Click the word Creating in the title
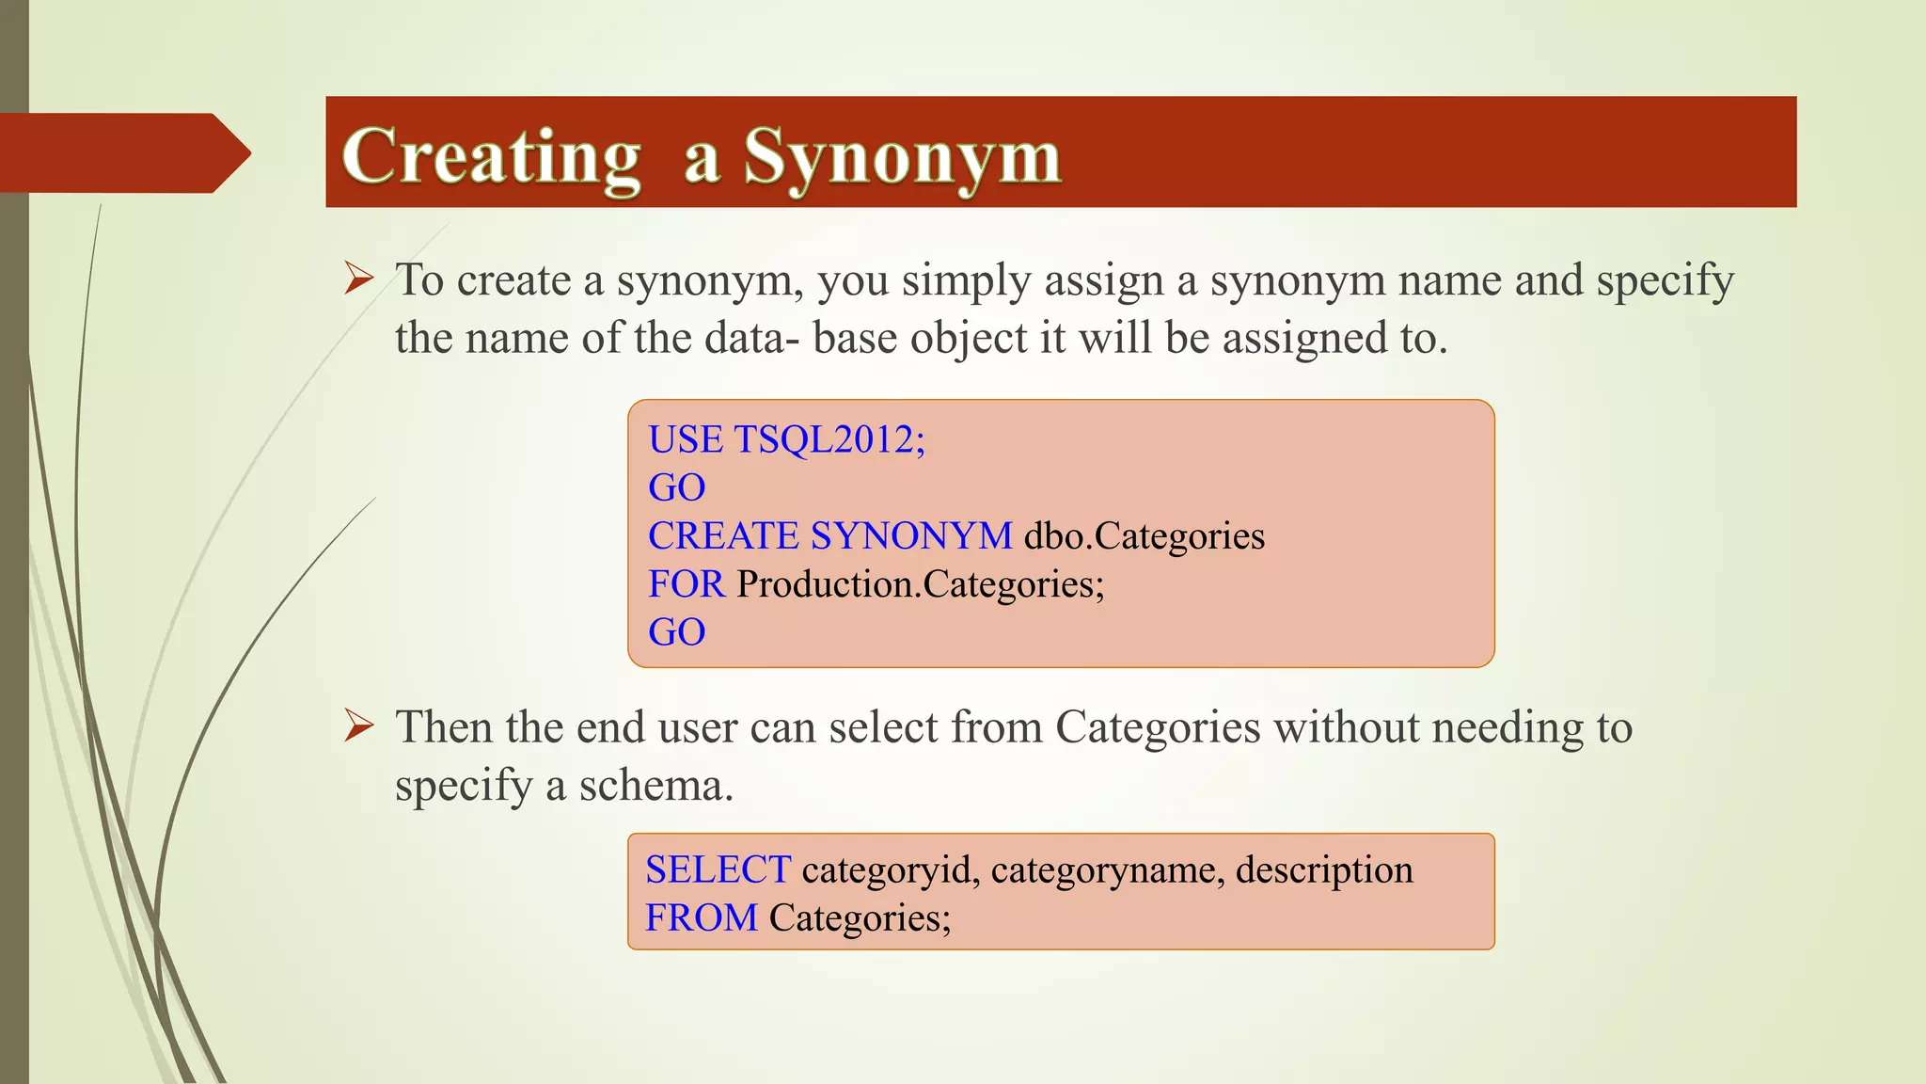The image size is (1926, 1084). (x=491, y=156)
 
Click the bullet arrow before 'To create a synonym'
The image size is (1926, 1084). (x=358, y=279)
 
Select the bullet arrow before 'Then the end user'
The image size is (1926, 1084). (x=358, y=725)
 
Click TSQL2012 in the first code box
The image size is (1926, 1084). (x=829, y=439)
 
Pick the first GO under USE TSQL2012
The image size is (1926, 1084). (x=676, y=487)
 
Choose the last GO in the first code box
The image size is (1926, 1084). (x=676, y=632)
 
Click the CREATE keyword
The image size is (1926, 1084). (x=723, y=536)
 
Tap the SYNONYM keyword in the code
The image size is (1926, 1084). (x=910, y=536)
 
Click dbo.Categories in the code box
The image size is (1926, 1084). (x=1144, y=536)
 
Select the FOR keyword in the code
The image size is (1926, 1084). (x=686, y=584)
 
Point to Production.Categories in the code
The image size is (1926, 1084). (x=920, y=584)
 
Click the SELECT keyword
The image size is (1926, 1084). (x=718, y=869)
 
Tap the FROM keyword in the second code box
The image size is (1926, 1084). (x=701, y=917)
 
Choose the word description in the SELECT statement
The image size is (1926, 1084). (x=1323, y=870)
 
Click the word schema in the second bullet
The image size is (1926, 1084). (x=655, y=785)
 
